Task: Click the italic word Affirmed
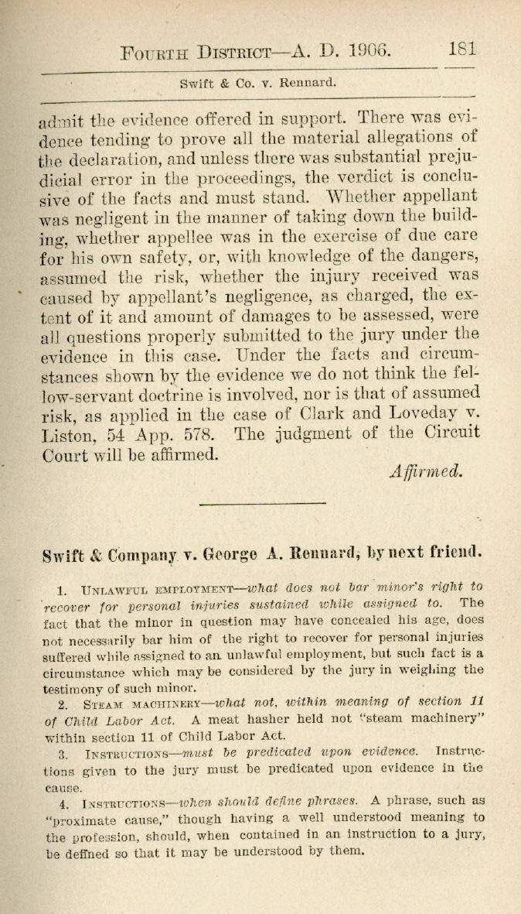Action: tap(426, 471)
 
